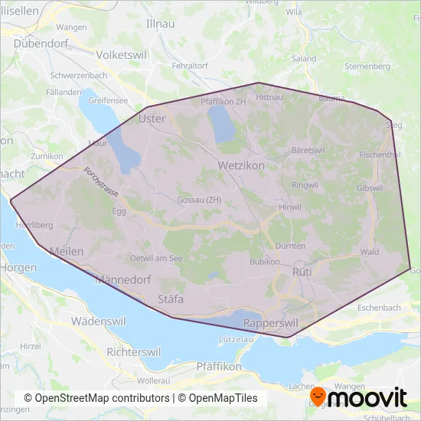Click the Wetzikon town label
[241, 165]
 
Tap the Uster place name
[152, 119]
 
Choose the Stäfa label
[171, 299]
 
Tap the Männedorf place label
[122, 280]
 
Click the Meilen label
[66, 252]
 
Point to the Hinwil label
[291, 207]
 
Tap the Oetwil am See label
[156, 258]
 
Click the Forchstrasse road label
[99, 183]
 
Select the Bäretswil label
[308, 150]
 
